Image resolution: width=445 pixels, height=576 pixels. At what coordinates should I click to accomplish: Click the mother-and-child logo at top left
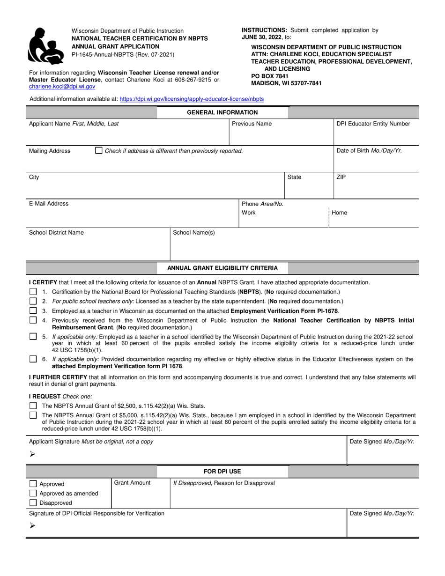coord(45,45)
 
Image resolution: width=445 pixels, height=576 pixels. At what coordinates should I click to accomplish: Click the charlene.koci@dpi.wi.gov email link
coord(62,87)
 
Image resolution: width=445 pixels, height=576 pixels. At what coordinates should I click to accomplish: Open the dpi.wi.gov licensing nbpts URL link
coord(192,99)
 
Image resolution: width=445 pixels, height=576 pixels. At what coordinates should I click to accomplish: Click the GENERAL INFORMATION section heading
coord(222,112)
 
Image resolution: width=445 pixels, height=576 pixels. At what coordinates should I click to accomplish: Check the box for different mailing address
coord(98,151)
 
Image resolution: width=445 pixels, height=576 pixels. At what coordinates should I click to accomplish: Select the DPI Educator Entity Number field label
coord(373,124)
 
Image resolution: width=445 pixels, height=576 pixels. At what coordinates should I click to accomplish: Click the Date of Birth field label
coord(369,151)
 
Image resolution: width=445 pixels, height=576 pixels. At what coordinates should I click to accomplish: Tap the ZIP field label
coord(341,177)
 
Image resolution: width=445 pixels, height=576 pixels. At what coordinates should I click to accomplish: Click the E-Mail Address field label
coord(49,204)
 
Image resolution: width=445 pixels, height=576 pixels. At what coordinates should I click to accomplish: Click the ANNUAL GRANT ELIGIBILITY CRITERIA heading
coord(222,268)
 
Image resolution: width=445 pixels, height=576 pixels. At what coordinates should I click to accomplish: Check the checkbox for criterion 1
coord(33,292)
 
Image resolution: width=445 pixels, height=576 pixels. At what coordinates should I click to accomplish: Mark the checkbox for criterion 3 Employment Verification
coord(33,310)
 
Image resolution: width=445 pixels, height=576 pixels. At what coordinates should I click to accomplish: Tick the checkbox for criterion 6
coord(33,359)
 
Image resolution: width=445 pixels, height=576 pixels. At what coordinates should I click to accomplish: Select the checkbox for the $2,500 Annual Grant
coord(33,406)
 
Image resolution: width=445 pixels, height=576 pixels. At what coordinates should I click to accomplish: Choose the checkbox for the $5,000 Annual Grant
coord(33,415)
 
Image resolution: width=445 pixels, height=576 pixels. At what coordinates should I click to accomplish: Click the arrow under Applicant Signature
coord(32,454)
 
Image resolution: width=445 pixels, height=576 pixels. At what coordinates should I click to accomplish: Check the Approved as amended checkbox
coord(33,493)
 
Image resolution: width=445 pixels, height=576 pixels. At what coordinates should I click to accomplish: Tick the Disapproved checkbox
coord(33,503)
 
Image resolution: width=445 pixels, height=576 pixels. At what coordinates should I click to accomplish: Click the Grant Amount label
coord(133,483)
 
